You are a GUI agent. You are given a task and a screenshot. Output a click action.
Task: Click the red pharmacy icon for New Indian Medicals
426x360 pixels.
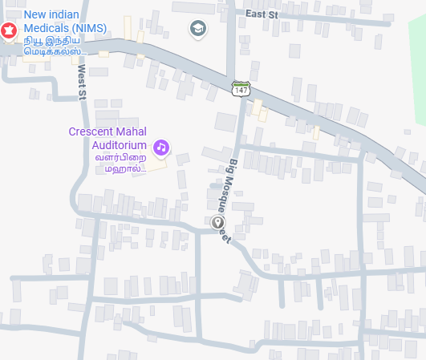pos(9,31)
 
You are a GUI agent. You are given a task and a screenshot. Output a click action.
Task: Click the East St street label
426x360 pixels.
pos(261,14)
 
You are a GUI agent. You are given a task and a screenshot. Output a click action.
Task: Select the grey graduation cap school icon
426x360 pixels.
pos(197,30)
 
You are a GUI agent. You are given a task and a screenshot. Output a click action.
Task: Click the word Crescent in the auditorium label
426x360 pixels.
pos(93,132)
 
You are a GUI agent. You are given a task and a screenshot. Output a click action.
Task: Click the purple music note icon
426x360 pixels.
pos(161,147)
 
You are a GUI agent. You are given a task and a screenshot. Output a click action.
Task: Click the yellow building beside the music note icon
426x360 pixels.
pos(156,163)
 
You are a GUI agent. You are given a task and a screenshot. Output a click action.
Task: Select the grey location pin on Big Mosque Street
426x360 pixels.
pos(217,223)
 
